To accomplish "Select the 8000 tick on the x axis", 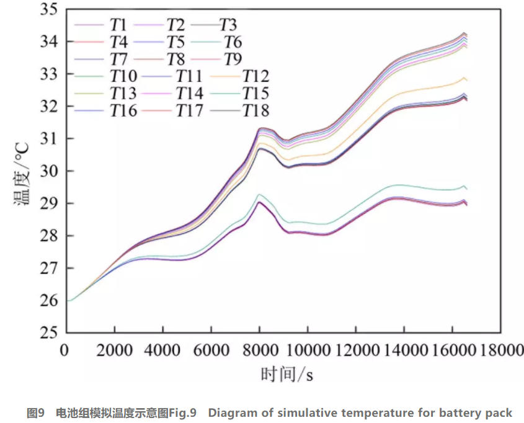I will pos(259,351).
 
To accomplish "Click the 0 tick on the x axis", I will pos(65,351).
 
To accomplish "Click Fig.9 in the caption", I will pos(182,413).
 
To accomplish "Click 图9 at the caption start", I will pos(36,413).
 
